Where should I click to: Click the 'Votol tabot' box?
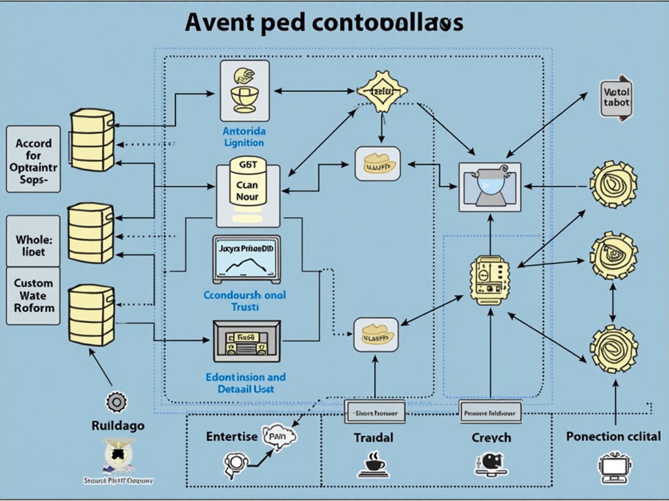pos(616,98)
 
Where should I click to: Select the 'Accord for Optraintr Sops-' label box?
pos(33,159)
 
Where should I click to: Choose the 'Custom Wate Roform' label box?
pos(33,296)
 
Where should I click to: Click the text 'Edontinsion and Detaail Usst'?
pos(245,383)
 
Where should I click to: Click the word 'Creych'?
pos(491,437)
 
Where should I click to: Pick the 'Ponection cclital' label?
pos(613,436)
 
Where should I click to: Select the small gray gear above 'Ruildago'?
pos(116,402)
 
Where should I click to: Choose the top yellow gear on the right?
pos(613,185)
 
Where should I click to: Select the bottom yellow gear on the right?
pos(613,349)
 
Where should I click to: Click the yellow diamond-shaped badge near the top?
pos(382,91)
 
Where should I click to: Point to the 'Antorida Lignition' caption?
pos(244,136)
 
